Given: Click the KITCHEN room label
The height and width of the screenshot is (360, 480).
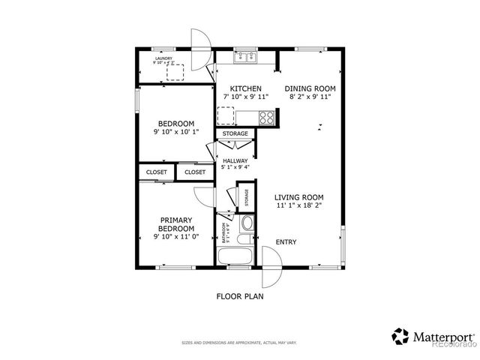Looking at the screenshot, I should coord(245,88).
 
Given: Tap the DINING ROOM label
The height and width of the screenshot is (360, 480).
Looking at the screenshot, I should coord(310,88).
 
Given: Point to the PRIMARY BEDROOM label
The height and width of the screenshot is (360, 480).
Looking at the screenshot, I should coord(176,224).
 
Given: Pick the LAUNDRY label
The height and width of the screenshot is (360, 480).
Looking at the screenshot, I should coord(164,58).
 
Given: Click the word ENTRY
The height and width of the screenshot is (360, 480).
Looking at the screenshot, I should coord(286,242).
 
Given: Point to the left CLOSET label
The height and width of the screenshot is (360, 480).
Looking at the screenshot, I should coord(156,172).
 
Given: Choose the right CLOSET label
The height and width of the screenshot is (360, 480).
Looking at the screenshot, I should coord(195,172).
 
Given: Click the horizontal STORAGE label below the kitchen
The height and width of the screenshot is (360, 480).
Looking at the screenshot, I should coord(235,134).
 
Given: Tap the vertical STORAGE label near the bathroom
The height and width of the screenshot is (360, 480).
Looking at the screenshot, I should coord(247,197).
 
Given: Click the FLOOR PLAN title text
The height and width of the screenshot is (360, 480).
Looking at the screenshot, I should coord(240,295).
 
